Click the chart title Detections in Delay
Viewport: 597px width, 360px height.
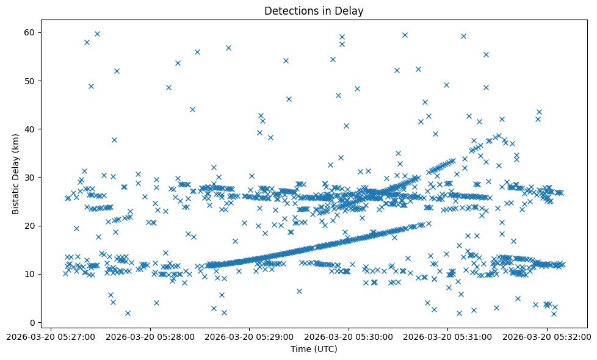(x=314, y=10)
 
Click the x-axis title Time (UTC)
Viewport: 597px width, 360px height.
(x=314, y=349)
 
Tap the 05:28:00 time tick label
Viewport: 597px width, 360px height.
(x=150, y=336)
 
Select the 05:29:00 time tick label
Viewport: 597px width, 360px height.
(x=249, y=336)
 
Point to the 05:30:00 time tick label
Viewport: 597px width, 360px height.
(x=349, y=336)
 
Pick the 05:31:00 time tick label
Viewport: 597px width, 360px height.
(x=448, y=336)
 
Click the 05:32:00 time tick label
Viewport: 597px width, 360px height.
(x=548, y=336)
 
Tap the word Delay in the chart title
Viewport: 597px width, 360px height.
(x=352, y=10)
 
